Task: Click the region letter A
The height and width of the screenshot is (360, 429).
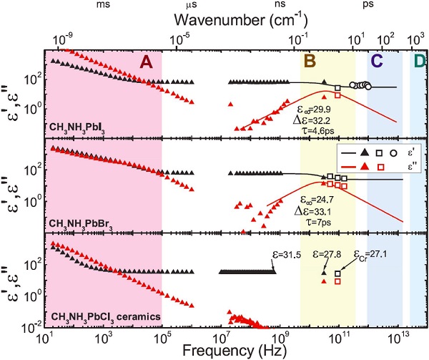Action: pyautogui.click(x=146, y=62)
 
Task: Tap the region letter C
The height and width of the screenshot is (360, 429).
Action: pyautogui.click(x=376, y=62)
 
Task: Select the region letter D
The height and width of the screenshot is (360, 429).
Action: pyautogui.click(x=418, y=62)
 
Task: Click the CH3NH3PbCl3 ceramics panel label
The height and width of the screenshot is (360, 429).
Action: pyautogui.click(x=100, y=316)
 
